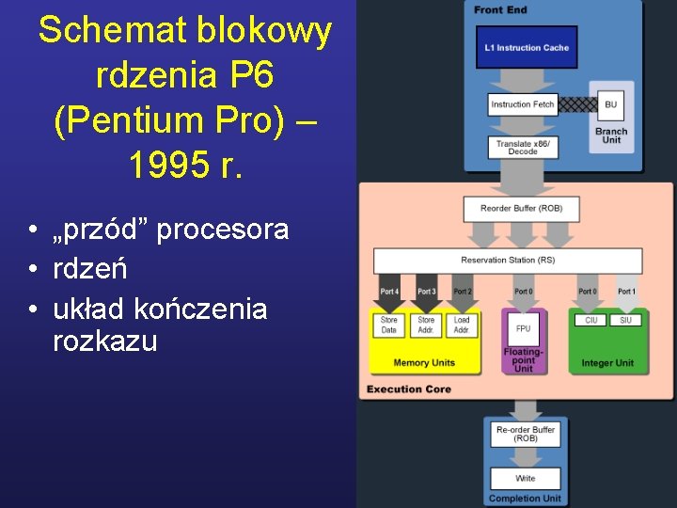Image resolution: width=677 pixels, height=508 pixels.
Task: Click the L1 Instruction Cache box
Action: (x=527, y=47)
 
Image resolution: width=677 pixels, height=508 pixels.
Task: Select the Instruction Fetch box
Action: (x=523, y=104)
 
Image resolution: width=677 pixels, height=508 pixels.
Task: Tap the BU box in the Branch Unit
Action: (x=611, y=104)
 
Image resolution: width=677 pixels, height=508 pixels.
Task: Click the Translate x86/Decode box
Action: (x=523, y=146)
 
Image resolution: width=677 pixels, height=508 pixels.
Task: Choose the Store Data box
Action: (x=389, y=325)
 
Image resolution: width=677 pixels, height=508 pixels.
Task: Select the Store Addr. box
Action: (x=426, y=325)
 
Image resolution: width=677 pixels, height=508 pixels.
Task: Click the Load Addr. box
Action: (x=462, y=325)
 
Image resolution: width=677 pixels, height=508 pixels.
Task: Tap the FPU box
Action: (x=523, y=328)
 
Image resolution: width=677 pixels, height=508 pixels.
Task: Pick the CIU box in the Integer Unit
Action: (x=590, y=320)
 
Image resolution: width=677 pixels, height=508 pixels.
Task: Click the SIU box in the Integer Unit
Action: (x=625, y=320)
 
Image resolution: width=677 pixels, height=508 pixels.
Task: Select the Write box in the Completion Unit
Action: (x=525, y=478)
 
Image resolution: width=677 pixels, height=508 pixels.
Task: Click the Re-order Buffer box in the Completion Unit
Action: (x=525, y=434)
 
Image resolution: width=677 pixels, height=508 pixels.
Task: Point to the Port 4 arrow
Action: (x=389, y=293)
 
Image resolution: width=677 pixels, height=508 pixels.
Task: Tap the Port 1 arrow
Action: (x=626, y=293)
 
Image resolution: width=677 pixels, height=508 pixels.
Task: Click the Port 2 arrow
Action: (x=462, y=293)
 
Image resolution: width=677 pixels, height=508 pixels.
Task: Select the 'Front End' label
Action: (x=500, y=9)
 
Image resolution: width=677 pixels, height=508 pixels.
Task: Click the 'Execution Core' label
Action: (x=409, y=389)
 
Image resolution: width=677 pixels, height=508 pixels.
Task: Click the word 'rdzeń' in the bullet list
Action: (x=90, y=268)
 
